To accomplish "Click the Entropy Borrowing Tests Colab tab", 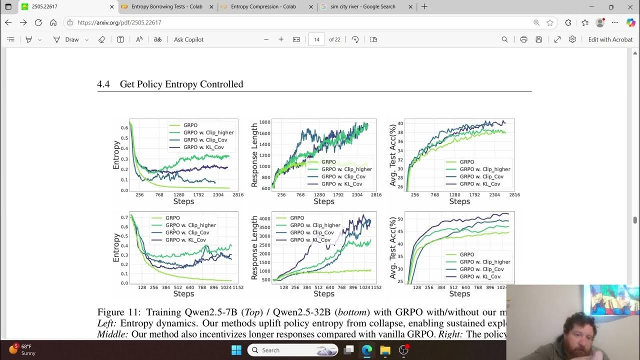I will click(166, 7).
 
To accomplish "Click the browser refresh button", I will click(38, 22).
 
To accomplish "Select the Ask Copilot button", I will click(188, 39).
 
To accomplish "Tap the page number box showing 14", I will click(316, 39).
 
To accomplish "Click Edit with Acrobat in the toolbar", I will click(610, 39).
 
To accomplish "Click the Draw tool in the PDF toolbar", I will click(71, 39).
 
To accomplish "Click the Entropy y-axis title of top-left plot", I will click(116, 155).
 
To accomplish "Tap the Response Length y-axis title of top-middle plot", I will click(254, 155).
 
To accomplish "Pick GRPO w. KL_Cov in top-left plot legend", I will click(203, 147).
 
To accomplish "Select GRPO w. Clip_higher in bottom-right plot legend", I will click(485, 262).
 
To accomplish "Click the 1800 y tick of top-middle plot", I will click(264, 122).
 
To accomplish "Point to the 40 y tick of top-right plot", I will click(400, 123).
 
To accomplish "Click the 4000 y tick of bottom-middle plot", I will click(264, 219).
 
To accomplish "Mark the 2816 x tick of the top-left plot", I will click(237, 195).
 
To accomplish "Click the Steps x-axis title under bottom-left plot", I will click(183, 294).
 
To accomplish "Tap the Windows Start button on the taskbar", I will click(236, 350).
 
